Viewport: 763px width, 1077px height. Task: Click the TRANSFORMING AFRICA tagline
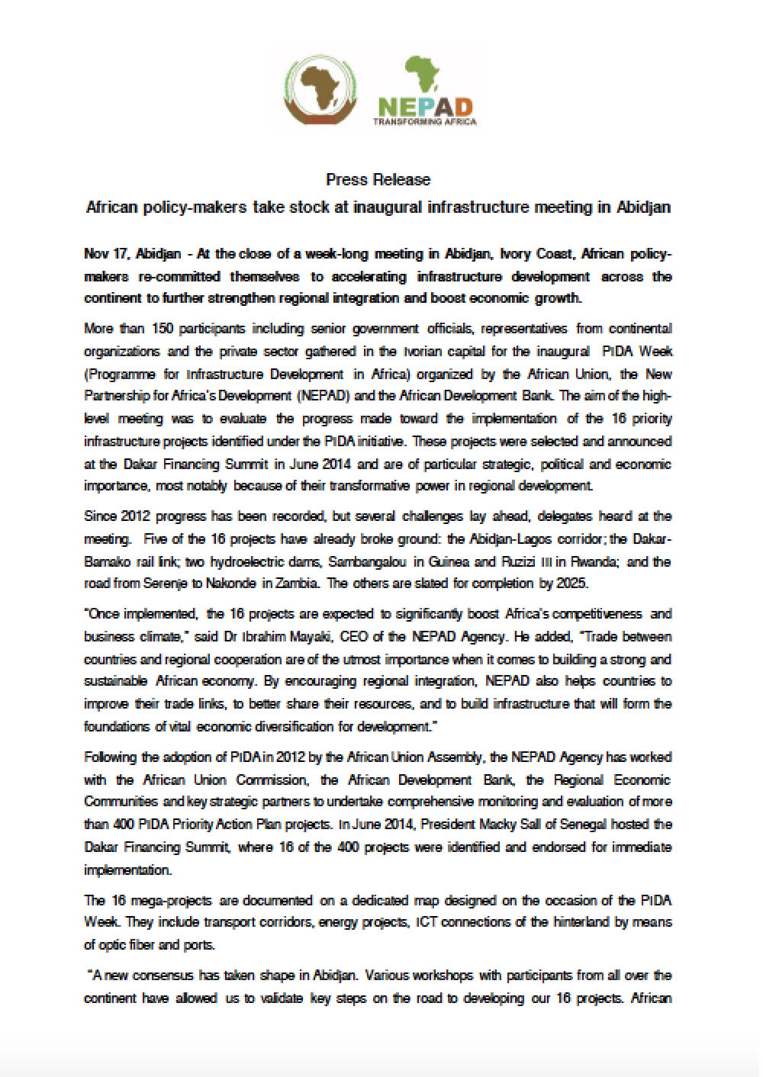click(x=425, y=122)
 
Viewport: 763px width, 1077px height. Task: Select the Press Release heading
click(x=378, y=180)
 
